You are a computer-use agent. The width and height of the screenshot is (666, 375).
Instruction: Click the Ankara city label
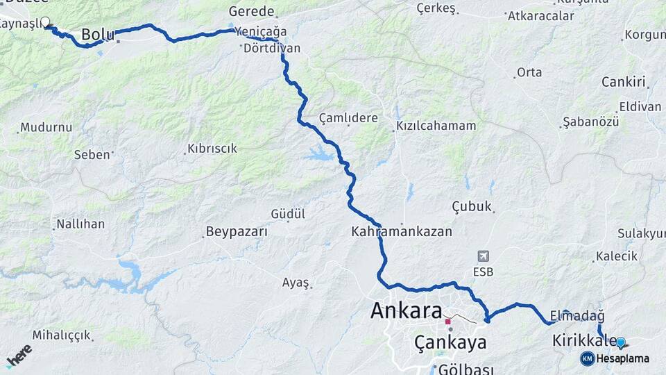407,310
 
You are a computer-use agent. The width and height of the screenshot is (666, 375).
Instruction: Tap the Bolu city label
98,34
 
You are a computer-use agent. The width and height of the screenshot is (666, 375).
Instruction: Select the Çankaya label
450,342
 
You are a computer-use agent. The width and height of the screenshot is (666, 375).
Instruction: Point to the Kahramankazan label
402,232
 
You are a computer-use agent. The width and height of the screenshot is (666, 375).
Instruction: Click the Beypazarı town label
237,232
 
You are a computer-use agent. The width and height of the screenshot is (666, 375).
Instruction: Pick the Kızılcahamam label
436,126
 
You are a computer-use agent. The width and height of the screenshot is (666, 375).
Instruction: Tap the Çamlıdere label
348,118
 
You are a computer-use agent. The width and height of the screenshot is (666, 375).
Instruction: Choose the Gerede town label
252,12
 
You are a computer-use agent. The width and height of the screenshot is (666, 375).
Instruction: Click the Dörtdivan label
273,49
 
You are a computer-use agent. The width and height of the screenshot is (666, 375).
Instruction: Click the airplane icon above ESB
483,257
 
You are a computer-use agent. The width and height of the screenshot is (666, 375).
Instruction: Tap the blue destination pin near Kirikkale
621,342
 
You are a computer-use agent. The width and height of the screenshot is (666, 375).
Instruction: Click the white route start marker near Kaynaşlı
46,22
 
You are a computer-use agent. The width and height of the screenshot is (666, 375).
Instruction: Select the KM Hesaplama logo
615,358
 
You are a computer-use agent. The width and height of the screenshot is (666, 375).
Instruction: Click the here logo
19,356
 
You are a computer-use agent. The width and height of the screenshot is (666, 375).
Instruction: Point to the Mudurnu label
46,128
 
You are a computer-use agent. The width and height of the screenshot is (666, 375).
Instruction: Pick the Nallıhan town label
80,224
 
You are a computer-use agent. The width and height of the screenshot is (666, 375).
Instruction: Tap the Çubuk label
472,206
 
